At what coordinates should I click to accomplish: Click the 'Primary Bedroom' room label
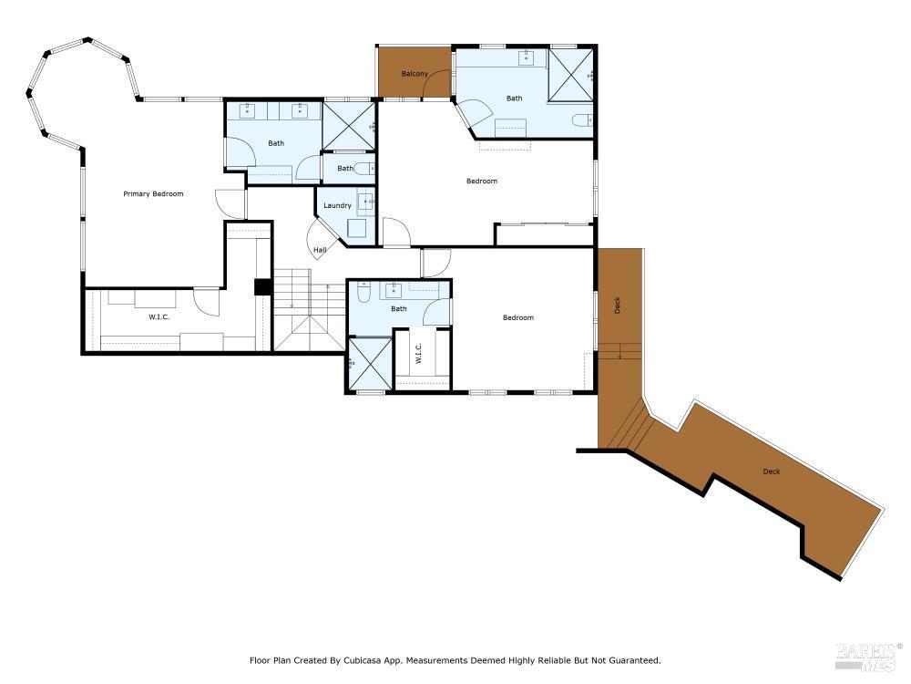(x=154, y=194)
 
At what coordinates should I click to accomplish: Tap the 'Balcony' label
(x=415, y=74)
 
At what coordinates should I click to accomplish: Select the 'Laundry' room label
(x=337, y=205)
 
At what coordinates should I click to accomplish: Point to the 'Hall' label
(x=320, y=250)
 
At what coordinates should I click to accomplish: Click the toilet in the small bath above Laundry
(x=363, y=169)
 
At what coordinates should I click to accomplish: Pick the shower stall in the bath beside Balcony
(x=570, y=73)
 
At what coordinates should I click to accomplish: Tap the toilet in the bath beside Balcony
(x=582, y=120)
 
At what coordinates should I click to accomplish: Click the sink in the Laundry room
(x=364, y=201)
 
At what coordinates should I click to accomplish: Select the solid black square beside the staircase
(x=262, y=286)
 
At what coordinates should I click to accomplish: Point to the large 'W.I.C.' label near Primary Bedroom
(x=159, y=316)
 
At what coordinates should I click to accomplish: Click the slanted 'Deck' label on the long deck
(x=772, y=472)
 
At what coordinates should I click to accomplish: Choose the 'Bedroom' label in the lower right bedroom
(x=518, y=317)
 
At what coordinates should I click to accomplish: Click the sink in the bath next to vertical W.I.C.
(x=394, y=291)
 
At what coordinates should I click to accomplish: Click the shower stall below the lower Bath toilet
(x=368, y=364)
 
